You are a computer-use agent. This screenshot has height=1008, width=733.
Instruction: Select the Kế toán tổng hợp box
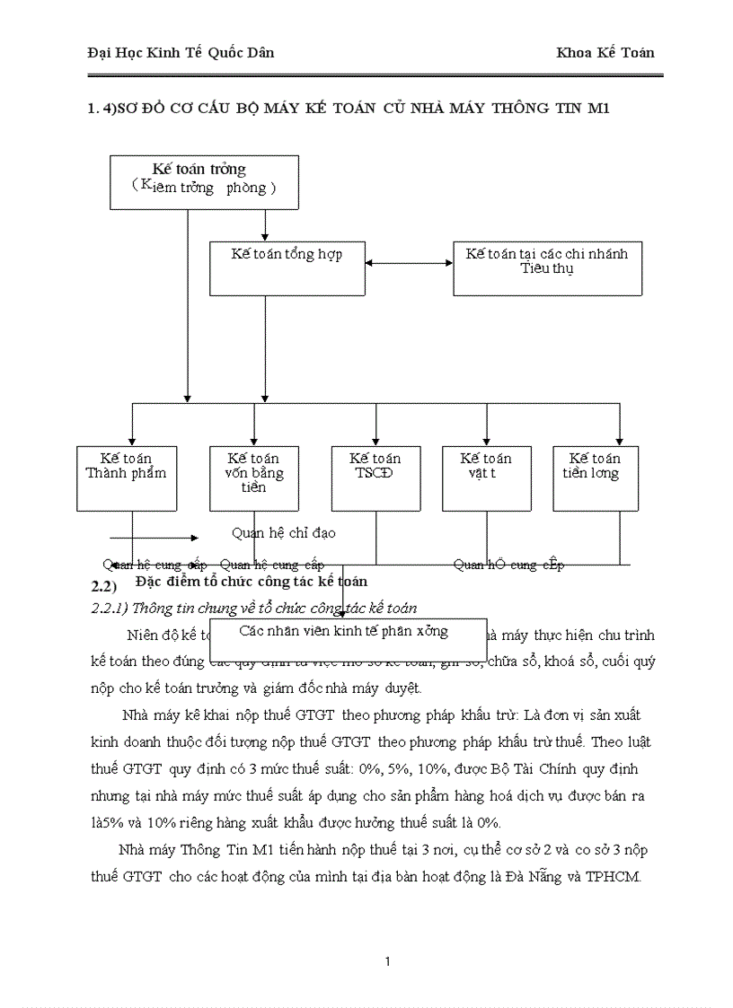(x=287, y=267)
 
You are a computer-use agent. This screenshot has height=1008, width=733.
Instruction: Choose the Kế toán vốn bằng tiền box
(x=253, y=478)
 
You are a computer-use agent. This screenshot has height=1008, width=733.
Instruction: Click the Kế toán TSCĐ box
(x=375, y=478)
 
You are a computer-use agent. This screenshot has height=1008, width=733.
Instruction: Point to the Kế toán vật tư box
(x=486, y=478)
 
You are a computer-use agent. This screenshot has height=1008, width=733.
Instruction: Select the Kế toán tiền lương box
(x=595, y=478)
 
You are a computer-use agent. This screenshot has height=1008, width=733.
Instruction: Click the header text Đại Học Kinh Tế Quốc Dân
(x=181, y=52)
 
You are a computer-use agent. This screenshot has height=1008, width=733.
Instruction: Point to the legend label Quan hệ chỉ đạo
(x=283, y=533)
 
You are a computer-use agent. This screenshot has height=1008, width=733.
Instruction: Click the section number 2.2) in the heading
(x=105, y=586)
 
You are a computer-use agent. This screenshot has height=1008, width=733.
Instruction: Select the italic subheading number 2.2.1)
(x=111, y=608)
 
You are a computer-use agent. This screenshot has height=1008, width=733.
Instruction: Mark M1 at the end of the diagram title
(x=598, y=109)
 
